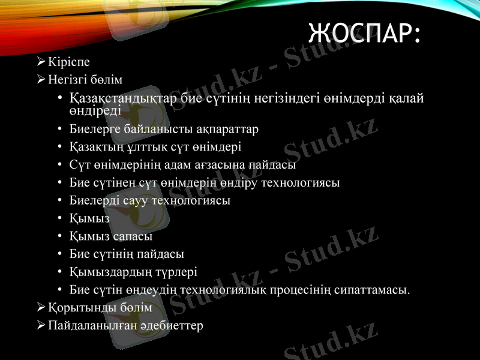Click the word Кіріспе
click(69, 61)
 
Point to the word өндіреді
click(95, 110)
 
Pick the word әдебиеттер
click(171, 326)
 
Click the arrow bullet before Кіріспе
click(40, 61)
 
